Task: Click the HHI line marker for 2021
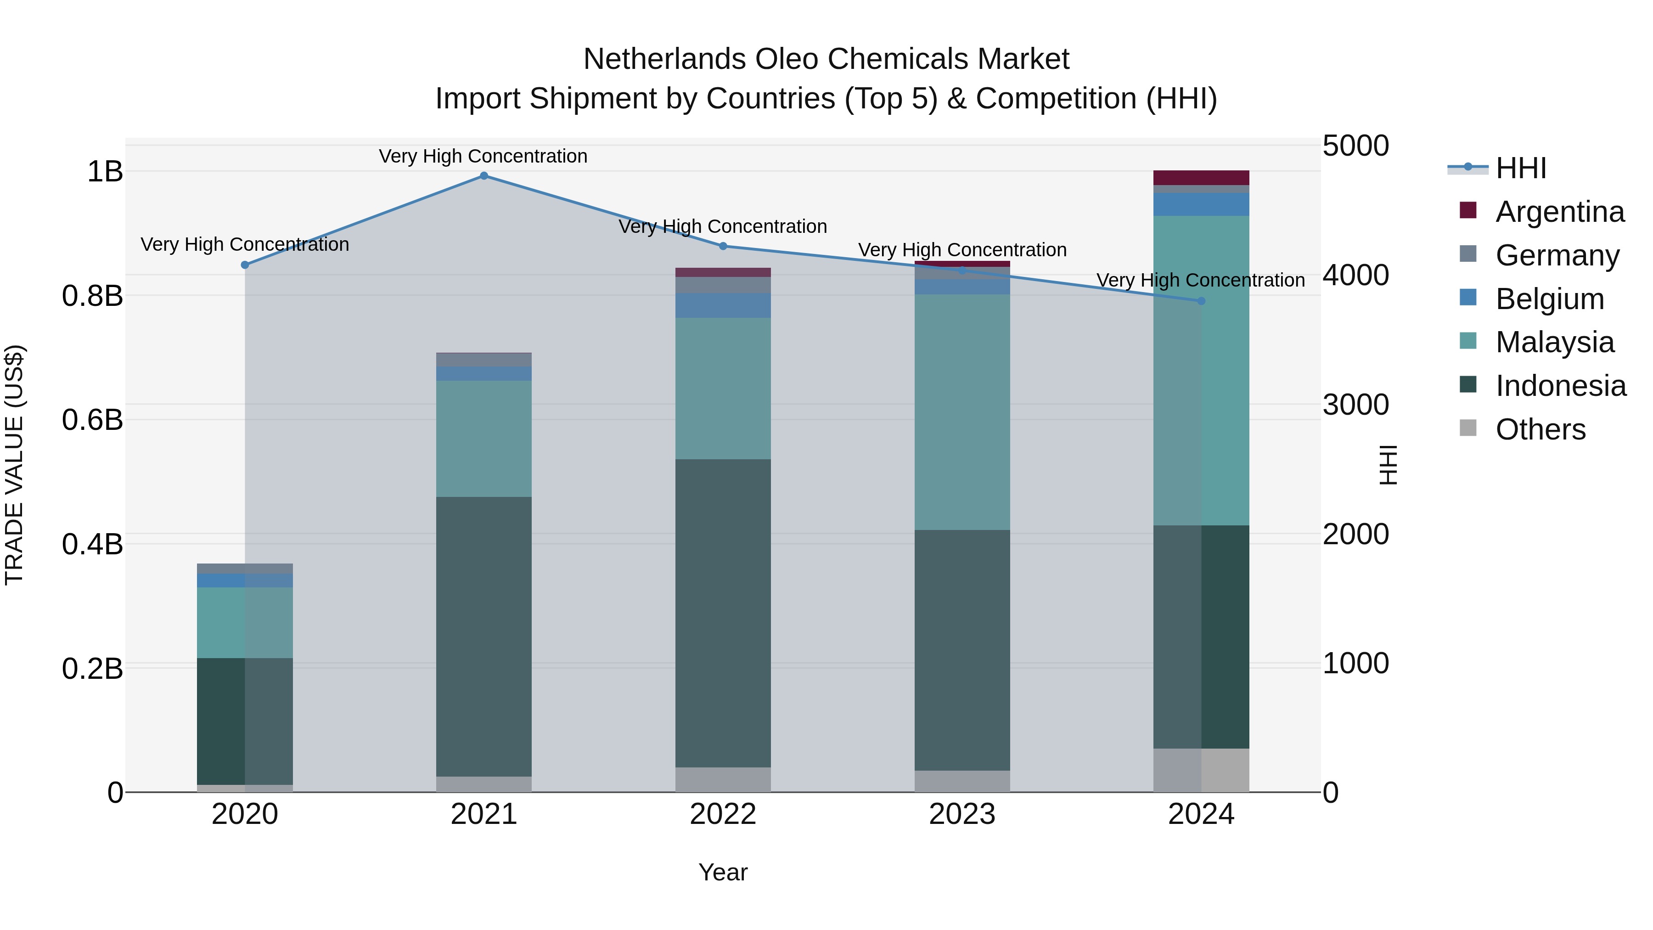pos(484,176)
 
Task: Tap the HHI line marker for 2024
pos(1201,301)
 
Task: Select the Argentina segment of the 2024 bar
pos(1201,178)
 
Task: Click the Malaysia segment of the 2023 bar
pos(962,412)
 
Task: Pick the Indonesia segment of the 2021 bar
pos(484,637)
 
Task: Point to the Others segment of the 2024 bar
pos(1201,770)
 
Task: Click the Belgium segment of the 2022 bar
pos(723,305)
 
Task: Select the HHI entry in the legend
pos(1521,168)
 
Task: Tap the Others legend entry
pos(1540,429)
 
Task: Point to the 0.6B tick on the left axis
pos(92,420)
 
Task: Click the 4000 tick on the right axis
pos(1356,276)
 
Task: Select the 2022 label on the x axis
pos(723,814)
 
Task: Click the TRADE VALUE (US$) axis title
pos(14,465)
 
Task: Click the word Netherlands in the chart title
pos(664,60)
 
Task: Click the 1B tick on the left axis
pos(105,172)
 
